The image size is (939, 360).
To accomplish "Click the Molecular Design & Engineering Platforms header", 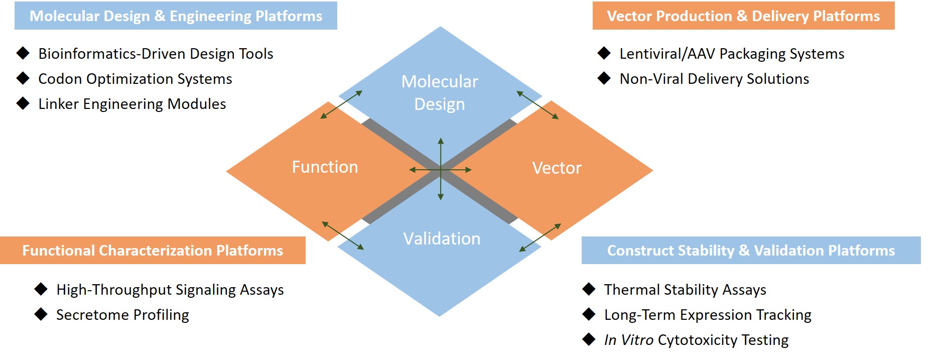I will [176, 16].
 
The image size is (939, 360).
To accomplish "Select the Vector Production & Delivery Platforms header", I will [743, 16].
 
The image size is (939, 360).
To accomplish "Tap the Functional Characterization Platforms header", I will [153, 251].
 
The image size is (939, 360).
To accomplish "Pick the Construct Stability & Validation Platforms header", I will [751, 251].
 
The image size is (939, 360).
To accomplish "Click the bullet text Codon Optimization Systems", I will [135, 79].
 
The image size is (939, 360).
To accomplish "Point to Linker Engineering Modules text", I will [132, 104].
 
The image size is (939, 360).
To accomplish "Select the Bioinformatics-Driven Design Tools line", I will [156, 54].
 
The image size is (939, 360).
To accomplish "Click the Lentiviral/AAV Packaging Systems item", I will [732, 54].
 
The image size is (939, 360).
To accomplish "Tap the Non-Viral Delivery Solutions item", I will [714, 79].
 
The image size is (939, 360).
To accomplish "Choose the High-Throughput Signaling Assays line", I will [170, 290].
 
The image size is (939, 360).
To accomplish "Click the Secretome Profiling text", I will [122, 315].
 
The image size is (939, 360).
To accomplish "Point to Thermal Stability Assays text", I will [685, 290].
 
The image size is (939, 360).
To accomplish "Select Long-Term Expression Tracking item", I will [708, 315].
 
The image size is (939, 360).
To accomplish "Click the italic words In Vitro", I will [628, 340].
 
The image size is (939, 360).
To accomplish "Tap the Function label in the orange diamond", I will [325, 167].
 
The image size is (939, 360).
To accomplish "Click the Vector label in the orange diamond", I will [557, 168].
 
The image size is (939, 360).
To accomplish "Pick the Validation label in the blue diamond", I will [442, 238].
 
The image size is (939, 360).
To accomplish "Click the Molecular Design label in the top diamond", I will [440, 93].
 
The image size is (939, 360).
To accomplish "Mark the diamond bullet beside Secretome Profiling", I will [41, 314].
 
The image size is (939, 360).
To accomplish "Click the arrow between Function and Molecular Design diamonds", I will [341, 104].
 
